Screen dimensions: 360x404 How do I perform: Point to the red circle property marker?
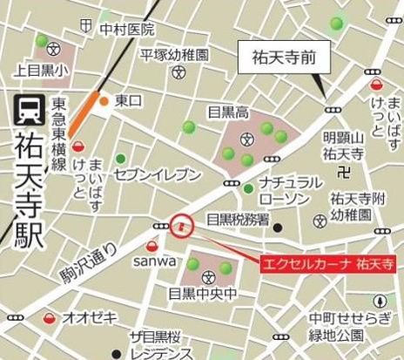tap(181, 226)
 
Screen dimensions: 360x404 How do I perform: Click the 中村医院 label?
tap(126, 30)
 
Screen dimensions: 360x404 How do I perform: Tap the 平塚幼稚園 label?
tap(175, 54)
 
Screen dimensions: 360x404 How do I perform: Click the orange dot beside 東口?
tap(104, 101)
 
